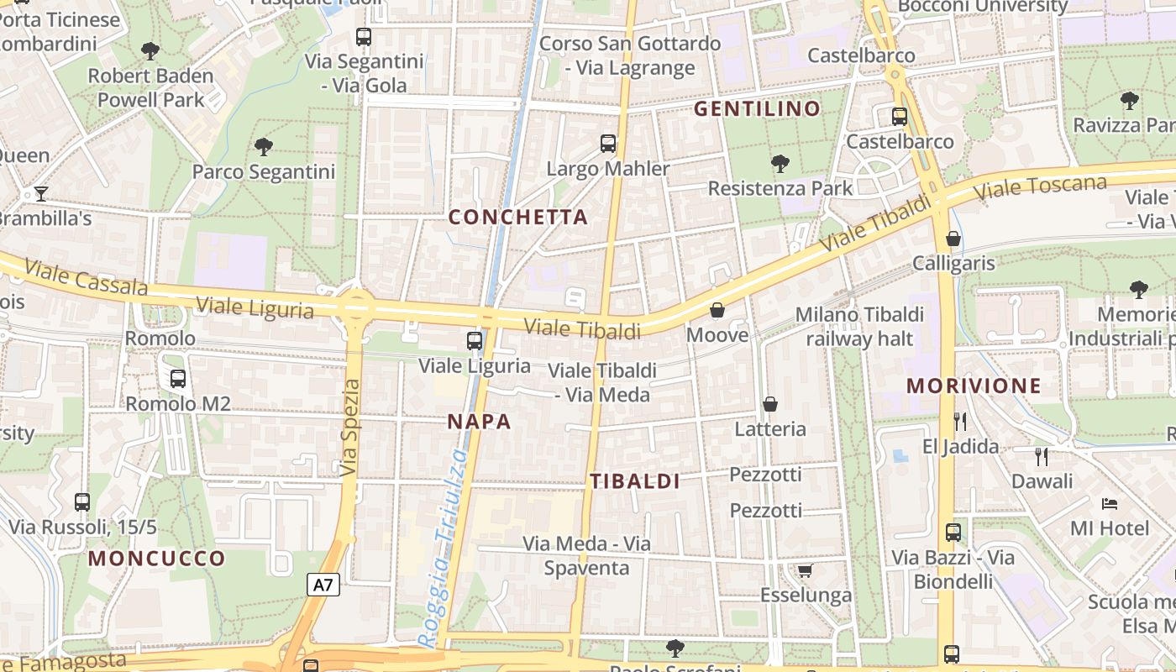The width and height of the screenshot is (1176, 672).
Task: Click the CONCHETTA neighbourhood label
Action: click(x=517, y=218)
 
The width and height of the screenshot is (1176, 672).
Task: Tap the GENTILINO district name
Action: click(x=757, y=109)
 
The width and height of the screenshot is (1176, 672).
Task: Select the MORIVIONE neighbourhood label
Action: click(x=974, y=386)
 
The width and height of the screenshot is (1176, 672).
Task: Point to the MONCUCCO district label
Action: click(x=157, y=559)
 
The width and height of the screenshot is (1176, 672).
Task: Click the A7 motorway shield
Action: click(x=323, y=585)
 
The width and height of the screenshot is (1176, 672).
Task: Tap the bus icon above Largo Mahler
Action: click(x=608, y=144)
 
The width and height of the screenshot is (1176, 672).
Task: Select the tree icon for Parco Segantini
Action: click(x=264, y=147)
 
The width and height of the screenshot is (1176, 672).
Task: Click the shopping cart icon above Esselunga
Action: click(x=805, y=571)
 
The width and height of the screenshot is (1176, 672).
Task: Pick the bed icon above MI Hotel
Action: click(x=1109, y=504)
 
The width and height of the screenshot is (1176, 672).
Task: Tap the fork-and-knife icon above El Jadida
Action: click(x=960, y=421)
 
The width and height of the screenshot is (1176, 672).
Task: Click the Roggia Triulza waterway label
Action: click(x=444, y=548)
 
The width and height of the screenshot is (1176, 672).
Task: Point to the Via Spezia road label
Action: click(x=350, y=428)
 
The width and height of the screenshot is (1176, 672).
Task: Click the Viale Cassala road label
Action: click(x=86, y=277)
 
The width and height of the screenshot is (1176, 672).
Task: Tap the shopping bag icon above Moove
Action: click(x=717, y=311)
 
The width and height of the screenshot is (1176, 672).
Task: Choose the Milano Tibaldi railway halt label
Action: click(x=859, y=327)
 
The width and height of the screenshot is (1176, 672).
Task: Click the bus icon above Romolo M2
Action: click(x=178, y=379)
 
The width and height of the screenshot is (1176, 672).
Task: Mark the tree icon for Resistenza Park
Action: click(x=780, y=163)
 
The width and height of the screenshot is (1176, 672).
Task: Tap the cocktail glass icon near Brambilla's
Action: click(x=40, y=194)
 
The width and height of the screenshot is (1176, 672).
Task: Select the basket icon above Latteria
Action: click(x=769, y=405)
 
